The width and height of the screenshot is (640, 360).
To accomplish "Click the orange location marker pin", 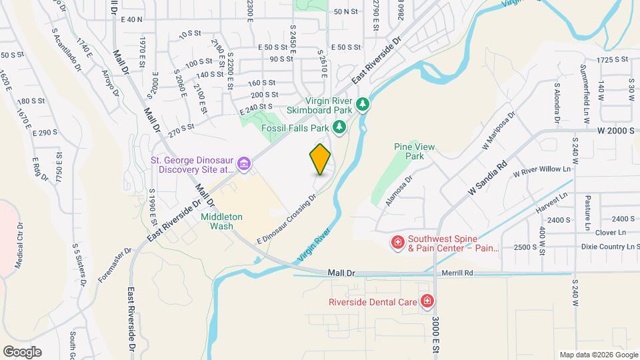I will [x=320, y=159].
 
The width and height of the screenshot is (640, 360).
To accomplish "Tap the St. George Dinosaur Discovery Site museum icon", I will [x=244, y=163].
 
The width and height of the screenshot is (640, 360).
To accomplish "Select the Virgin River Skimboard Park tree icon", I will [x=362, y=104].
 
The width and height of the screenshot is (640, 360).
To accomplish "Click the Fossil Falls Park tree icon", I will [x=339, y=127].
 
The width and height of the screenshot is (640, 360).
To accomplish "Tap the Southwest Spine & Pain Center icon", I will [x=397, y=241].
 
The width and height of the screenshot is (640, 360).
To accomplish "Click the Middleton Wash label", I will [x=217, y=221].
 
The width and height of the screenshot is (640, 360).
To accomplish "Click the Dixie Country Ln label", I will [x=603, y=247].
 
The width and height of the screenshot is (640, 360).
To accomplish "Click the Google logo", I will [x=22, y=352].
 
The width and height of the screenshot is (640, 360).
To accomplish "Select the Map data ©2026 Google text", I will [x=599, y=355].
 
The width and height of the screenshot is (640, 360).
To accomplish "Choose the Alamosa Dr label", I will [x=399, y=189].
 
